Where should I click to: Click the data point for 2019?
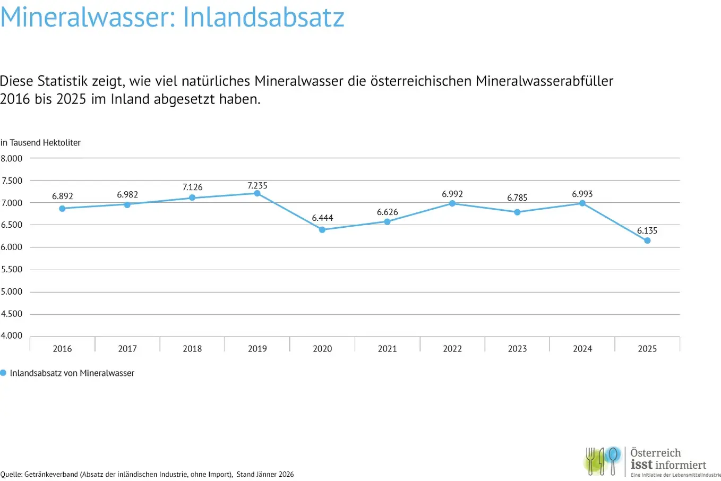point(257,193)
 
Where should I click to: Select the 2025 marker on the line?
point(647,241)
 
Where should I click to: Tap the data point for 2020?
point(322,230)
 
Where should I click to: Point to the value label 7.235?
point(257,185)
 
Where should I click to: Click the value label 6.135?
point(647,230)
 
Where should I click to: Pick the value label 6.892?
point(63,196)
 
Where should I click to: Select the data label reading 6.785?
point(517,198)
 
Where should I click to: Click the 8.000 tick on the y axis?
point(12,159)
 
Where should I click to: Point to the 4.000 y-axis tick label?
point(12,336)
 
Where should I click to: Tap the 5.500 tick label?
point(12,269)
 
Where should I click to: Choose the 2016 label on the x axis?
point(63,349)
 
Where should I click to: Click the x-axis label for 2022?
point(452,349)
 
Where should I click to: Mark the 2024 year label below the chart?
point(582,349)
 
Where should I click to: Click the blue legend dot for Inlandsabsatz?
point(3,373)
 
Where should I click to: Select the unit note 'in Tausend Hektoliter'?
point(41,143)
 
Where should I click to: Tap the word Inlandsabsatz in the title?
point(264,17)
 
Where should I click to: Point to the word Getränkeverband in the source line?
point(52,475)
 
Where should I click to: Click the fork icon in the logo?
point(591,460)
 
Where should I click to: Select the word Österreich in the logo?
point(656,453)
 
